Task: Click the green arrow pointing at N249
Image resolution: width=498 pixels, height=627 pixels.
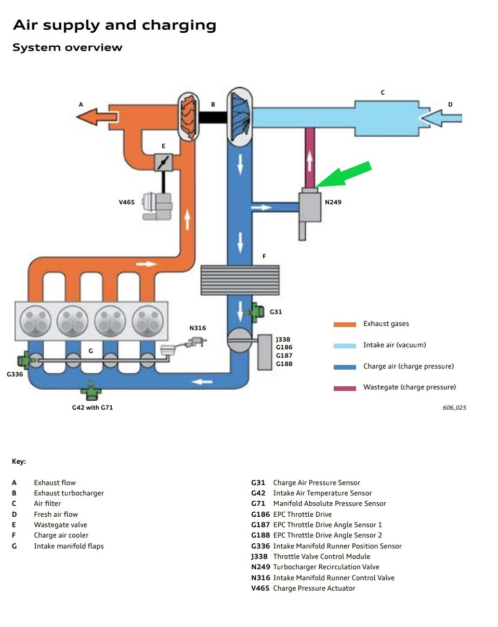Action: click(x=346, y=174)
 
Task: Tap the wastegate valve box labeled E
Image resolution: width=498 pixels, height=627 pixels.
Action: click(x=163, y=162)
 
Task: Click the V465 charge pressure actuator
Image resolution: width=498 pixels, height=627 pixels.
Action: click(x=158, y=205)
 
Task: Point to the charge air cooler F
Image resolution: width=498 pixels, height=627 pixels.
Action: click(x=240, y=280)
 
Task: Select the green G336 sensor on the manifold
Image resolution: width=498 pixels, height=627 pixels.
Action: click(x=23, y=360)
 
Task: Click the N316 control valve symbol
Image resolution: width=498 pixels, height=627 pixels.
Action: click(x=197, y=341)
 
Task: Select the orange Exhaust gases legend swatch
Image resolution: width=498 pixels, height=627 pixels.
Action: click(x=345, y=324)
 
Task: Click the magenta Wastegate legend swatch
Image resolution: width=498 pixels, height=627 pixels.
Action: click(x=345, y=388)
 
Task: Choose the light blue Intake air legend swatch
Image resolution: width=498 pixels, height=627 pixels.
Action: click(x=345, y=346)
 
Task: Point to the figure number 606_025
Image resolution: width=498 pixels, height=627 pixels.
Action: click(x=454, y=408)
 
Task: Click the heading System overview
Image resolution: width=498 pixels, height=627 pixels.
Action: click(x=68, y=47)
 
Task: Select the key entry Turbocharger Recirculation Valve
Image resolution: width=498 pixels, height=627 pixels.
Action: click(x=326, y=567)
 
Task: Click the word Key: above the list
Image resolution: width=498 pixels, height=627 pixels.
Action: click(x=19, y=461)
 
